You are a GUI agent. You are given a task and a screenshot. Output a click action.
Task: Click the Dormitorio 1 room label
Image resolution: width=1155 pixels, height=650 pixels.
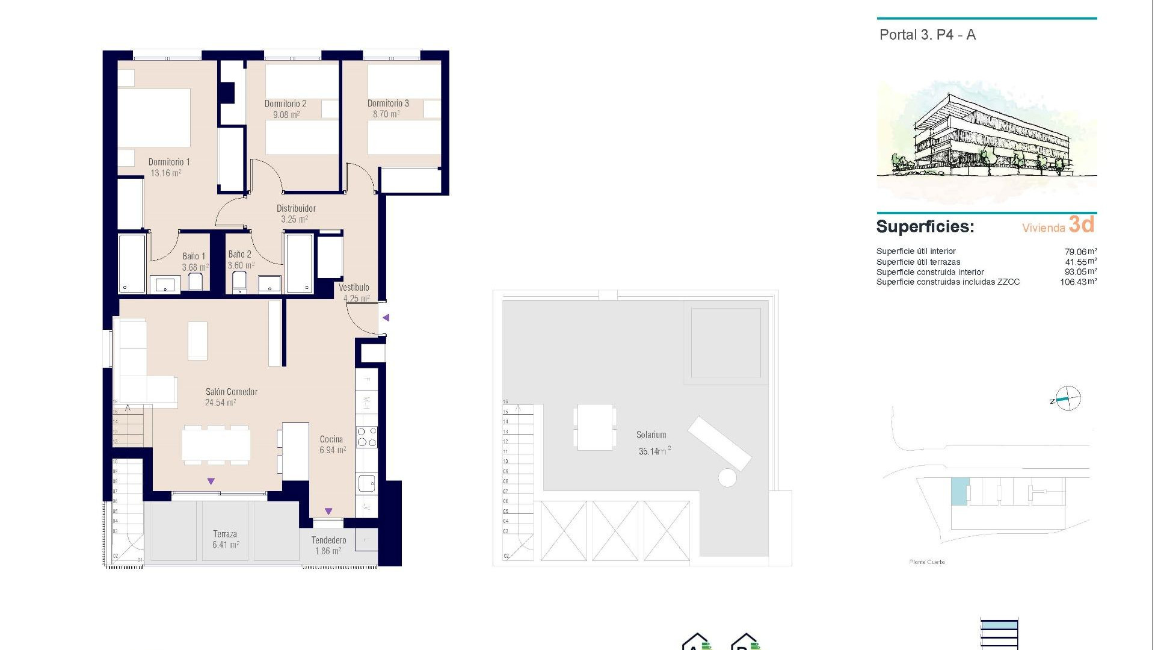pyautogui.click(x=169, y=162)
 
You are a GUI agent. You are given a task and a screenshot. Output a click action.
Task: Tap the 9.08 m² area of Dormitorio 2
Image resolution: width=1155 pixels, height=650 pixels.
pyautogui.click(x=286, y=114)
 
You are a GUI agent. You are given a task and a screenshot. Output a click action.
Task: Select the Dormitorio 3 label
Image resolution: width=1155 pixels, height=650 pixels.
pyautogui.click(x=388, y=104)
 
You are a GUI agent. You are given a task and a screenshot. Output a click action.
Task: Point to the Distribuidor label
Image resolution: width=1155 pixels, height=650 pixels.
pyautogui.click(x=296, y=208)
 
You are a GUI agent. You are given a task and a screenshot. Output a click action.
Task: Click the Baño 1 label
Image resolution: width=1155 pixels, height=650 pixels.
pyautogui.click(x=194, y=256)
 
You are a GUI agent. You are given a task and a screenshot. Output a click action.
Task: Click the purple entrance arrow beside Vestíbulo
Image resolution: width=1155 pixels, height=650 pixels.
pyautogui.click(x=386, y=318)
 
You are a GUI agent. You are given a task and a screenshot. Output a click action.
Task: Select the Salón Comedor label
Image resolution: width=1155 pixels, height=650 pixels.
pyautogui.click(x=231, y=392)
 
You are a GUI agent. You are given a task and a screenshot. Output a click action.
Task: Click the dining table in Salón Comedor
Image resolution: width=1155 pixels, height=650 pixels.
pyautogui.click(x=216, y=445)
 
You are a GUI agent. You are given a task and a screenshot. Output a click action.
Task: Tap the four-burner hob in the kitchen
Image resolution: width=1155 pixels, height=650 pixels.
pyautogui.click(x=366, y=437)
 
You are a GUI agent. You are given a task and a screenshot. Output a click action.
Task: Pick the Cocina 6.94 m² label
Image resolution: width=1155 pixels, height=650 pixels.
pyautogui.click(x=332, y=445)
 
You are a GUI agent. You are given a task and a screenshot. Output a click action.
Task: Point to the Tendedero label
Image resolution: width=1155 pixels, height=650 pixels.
pyautogui.click(x=328, y=540)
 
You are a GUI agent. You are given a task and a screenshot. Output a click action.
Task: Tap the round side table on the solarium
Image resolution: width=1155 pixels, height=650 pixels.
pyautogui.click(x=727, y=478)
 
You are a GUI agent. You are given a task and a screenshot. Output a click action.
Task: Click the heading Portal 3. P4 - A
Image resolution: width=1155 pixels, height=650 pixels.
pyautogui.click(x=927, y=35)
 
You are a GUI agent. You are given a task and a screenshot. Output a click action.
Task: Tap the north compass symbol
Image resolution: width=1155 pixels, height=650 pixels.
pyautogui.click(x=1068, y=398)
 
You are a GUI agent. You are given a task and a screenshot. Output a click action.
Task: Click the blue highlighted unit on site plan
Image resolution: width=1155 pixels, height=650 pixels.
pyautogui.click(x=959, y=491)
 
